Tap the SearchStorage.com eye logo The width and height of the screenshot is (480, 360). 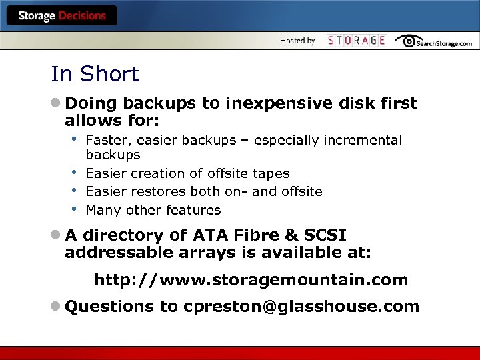(409, 40)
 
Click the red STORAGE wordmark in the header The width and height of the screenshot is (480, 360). (356, 41)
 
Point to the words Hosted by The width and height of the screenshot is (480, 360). (297, 41)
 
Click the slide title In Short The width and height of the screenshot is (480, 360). (95, 74)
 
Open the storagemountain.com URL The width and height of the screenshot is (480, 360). (251, 280)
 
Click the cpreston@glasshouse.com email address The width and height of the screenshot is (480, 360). (301, 307)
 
